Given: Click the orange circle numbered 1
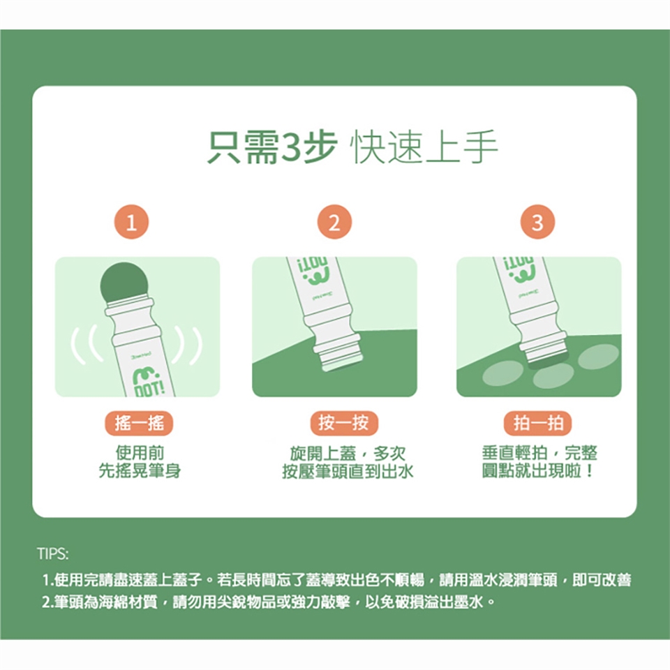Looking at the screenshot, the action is (x=132, y=222).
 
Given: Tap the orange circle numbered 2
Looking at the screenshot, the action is (x=334, y=222).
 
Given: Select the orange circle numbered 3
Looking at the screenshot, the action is (x=537, y=222).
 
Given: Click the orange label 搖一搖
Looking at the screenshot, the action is (x=140, y=423).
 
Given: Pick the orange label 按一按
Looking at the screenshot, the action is (x=344, y=423).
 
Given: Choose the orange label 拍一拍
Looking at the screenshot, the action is (x=538, y=423).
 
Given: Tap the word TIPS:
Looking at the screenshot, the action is (x=52, y=553).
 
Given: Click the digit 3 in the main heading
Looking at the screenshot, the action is (x=292, y=147).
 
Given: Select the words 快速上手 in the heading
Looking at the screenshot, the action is (x=424, y=147).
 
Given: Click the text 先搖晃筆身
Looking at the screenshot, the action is (x=140, y=471).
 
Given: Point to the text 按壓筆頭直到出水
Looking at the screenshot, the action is (x=348, y=471).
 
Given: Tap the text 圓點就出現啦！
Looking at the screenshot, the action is (x=538, y=471).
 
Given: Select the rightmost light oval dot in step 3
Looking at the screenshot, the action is (x=598, y=357).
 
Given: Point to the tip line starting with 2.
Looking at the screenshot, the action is (x=269, y=602).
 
